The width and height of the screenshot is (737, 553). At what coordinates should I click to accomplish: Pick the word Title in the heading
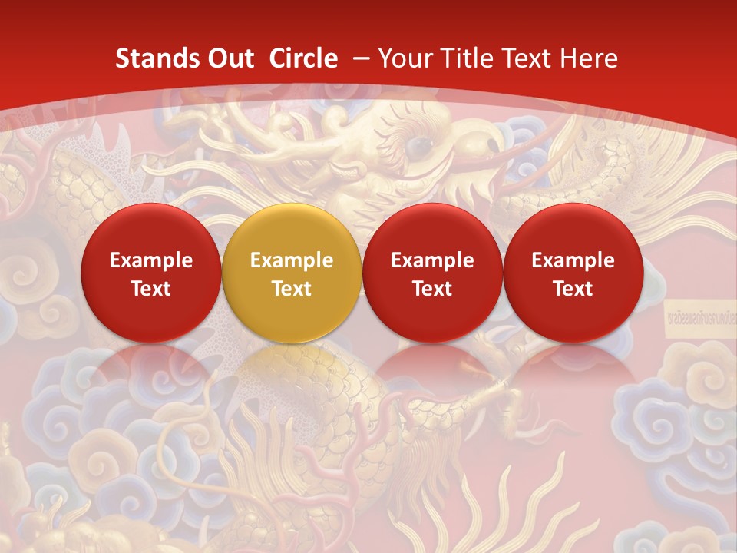468,58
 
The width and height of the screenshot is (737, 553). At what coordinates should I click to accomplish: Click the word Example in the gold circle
292,260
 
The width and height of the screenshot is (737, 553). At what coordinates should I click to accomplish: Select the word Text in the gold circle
292,289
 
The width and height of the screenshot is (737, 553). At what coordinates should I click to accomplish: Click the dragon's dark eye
418,144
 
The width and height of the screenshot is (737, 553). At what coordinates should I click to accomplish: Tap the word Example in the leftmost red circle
151,260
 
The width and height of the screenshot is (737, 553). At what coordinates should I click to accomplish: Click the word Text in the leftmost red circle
151,289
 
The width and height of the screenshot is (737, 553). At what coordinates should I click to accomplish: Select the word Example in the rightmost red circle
573,260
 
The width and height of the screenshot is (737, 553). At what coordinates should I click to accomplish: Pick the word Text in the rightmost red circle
573,289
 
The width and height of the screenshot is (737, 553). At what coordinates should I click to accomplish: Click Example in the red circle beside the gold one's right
432,260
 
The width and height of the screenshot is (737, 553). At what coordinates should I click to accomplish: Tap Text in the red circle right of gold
432,289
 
